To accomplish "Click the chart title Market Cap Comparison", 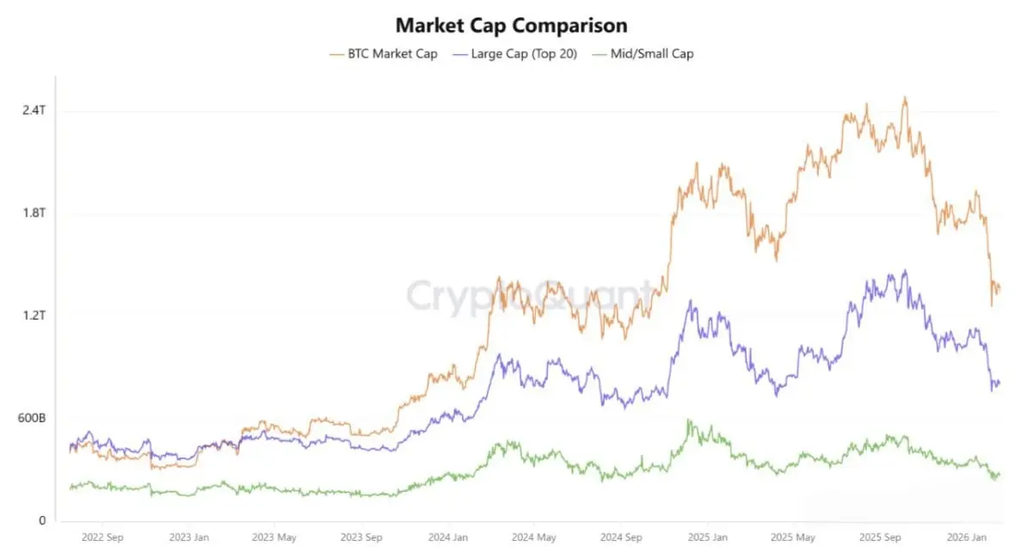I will pos(511,25).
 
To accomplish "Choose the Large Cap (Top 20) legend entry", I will pos(517,53).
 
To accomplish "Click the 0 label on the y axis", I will pos(40,520).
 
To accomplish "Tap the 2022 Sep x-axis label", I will pos(101,538).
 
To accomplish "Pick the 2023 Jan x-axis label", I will pos(188,538).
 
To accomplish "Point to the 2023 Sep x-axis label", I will pos(361,538).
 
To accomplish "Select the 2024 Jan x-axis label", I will pos(447,538).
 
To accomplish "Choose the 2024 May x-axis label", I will pos(533,538).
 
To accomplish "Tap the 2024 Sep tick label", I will pos(620,538).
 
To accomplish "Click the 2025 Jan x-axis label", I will pos(707,538).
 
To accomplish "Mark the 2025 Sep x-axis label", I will pos(879,538).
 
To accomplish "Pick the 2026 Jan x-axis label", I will pos(966,538).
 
